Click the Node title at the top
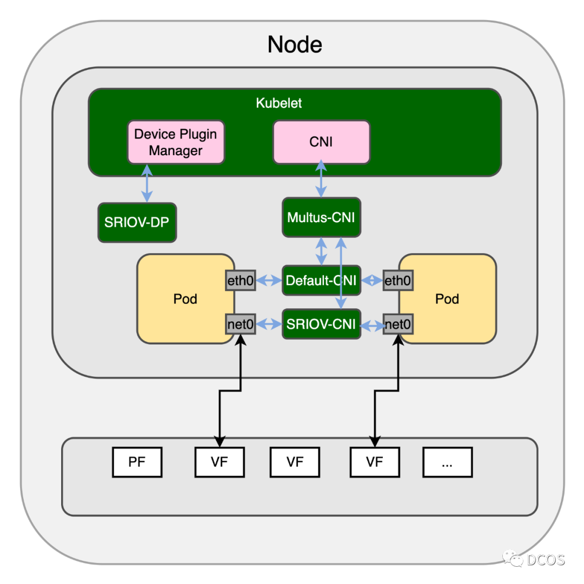[295, 45]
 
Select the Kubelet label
[278, 103]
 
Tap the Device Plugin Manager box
[176, 142]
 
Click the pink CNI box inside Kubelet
[321, 142]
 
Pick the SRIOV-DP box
[137, 222]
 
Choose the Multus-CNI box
[321, 217]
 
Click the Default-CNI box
[321, 281]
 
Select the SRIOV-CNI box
[321, 324]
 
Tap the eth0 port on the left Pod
[241, 281]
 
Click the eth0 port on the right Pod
[398, 281]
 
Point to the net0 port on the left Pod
[241, 324]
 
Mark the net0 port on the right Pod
[398, 324]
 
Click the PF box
[137, 462]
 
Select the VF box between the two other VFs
[295, 462]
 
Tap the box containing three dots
[447, 462]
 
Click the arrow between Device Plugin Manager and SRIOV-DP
[147, 183]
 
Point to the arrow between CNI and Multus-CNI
[321, 179]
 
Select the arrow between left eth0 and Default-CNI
[269, 281]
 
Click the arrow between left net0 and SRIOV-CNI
[269, 324]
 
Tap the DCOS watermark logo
[533, 559]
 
